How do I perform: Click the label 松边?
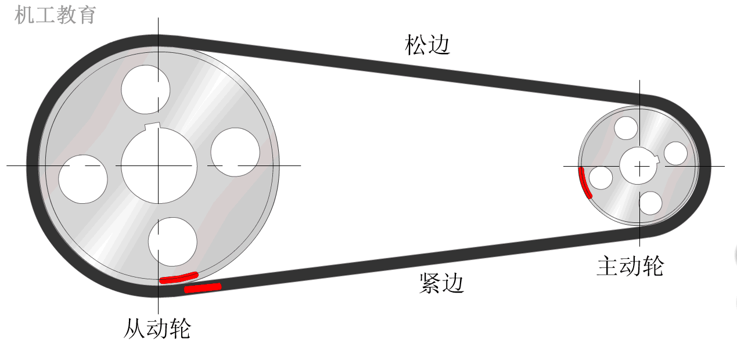[427, 45]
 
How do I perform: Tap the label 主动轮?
[630, 267]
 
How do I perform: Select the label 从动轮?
[157, 329]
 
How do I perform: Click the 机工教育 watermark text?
[55, 15]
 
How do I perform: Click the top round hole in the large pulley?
[145, 89]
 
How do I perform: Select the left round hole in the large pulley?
[82, 179]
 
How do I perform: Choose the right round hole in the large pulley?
[235, 152]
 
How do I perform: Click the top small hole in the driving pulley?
[626, 128]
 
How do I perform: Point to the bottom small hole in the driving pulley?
[650, 203]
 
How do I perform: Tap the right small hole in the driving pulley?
[675, 153]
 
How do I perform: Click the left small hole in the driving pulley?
[601, 178]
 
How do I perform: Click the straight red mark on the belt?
[203, 287]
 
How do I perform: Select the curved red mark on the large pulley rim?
[179, 277]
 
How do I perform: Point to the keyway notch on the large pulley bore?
[152, 127]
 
